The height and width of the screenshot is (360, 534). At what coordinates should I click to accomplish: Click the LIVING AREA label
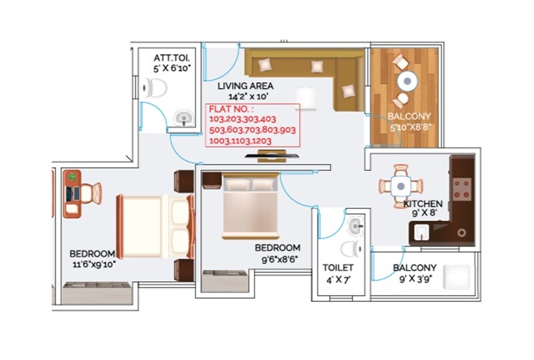(245, 86)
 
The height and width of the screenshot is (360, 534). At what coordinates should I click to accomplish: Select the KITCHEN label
(423, 203)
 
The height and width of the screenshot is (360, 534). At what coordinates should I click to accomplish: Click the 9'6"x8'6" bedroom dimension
(278, 258)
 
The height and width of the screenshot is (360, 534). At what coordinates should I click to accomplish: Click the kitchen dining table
(399, 184)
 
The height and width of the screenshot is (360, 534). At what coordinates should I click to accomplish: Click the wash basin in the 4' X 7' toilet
(356, 225)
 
